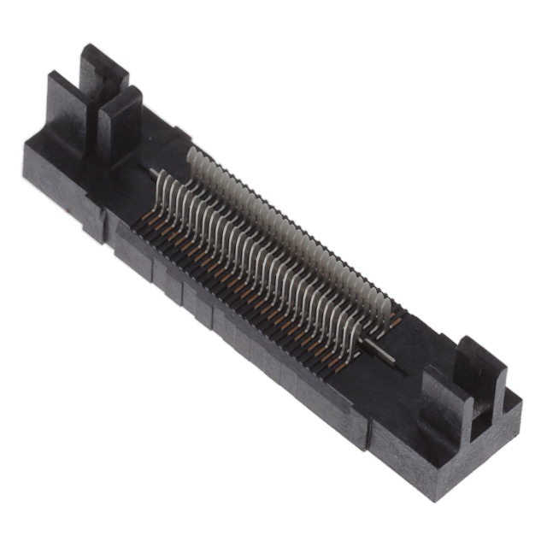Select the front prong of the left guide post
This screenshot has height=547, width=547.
click(x=120, y=120)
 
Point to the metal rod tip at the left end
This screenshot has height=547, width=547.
click(x=154, y=174)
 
